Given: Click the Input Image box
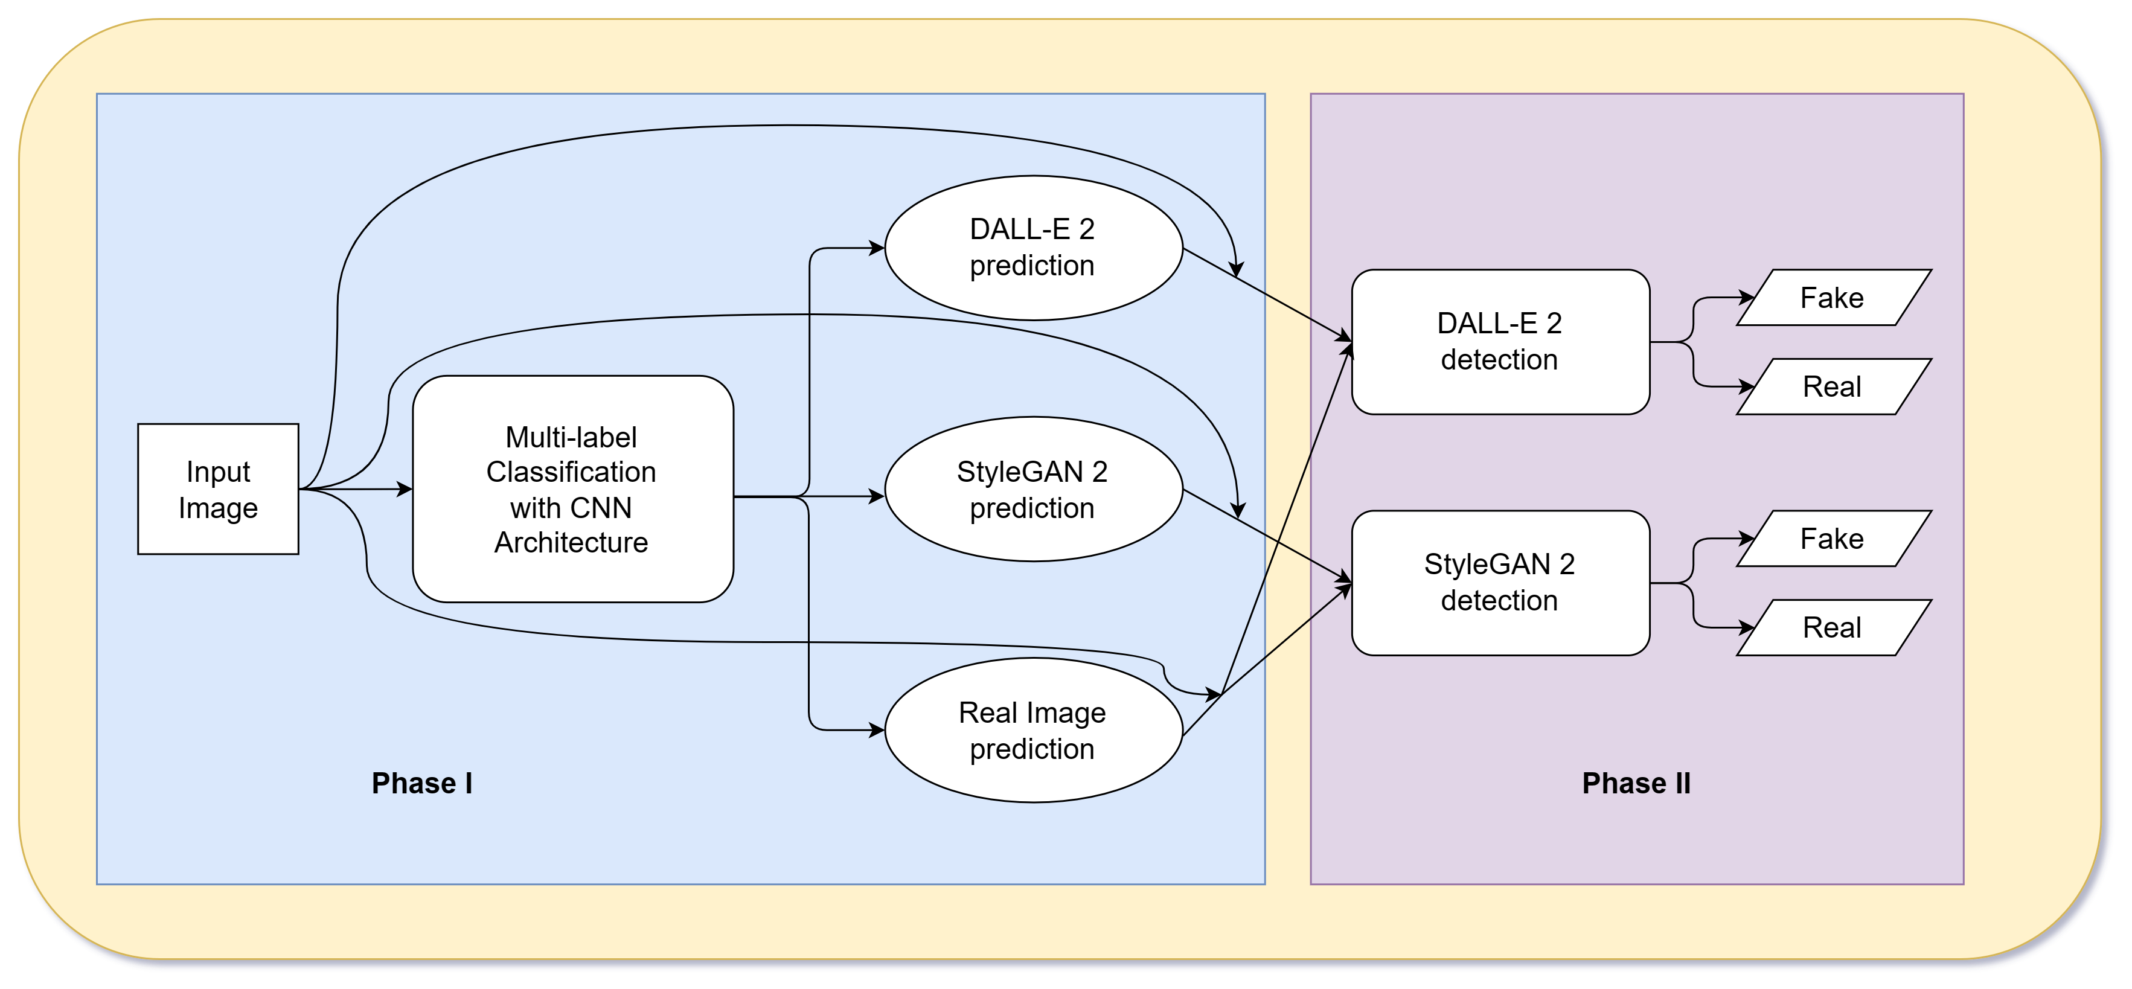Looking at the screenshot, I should (x=218, y=488).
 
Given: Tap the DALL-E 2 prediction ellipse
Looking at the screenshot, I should (x=1033, y=248).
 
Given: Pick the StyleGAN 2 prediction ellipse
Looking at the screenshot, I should (x=1033, y=489).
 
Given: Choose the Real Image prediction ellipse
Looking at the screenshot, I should (x=1033, y=730).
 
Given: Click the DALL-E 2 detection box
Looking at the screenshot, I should (x=1500, y=341).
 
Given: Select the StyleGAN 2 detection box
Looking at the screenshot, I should (x=1500, y=583).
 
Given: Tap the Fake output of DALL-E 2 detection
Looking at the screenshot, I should (x=1833, y=297).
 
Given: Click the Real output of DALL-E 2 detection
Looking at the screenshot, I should (x=1833, y=386).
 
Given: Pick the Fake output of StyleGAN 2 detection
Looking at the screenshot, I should (x=1833, y=539).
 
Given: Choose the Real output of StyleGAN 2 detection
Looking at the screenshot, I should (x=1833, y=627).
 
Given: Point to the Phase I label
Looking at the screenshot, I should (x=421, y=783).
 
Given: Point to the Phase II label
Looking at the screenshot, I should (x=1636, y=783).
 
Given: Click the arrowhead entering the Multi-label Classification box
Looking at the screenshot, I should (x=405, y=489).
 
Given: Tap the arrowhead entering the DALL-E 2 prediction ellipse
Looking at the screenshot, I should (x=877, y=248).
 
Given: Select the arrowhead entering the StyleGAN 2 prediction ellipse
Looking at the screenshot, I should (x=877, y=496).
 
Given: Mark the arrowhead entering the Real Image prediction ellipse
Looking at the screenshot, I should (x=877, y=730).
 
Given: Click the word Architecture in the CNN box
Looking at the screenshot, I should (x=571, y=542).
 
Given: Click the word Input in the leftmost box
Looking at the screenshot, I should (x=218, y=472).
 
